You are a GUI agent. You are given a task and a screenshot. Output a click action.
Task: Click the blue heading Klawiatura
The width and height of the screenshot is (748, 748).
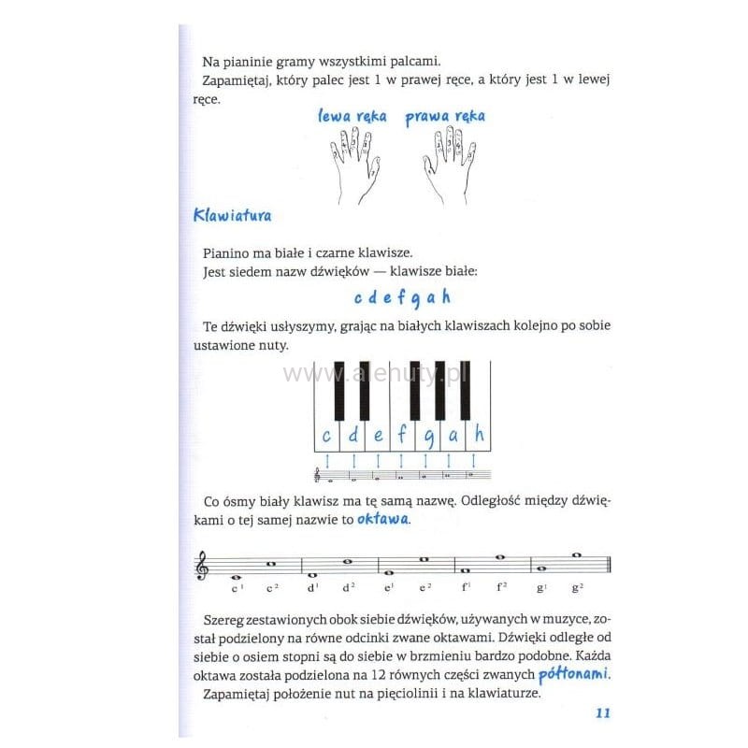click(x=232, y=215)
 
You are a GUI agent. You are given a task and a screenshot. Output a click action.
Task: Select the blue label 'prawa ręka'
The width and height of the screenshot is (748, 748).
click(x=445, y=117)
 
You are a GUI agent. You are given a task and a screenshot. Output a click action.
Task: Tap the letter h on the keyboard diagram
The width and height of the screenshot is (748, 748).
click(x=480, y=434)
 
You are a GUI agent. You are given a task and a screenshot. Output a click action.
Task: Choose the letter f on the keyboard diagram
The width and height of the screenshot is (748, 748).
click(x=403, y=434)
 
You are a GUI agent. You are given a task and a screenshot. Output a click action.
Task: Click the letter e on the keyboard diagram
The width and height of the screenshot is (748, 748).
click(x=378, y=434)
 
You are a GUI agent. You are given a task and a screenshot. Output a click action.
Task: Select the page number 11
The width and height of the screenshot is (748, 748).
click(x=601, y=713)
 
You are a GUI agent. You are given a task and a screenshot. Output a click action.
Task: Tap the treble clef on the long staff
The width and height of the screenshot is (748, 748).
click(x=201, y=566)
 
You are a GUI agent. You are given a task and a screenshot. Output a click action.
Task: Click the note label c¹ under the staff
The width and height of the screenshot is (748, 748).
click(x=237, y=589)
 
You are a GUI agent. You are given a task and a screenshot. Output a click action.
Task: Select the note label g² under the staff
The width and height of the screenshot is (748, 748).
click(x=578, y=589)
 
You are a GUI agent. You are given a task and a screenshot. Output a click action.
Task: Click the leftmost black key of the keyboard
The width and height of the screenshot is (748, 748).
click(x=339, y=391)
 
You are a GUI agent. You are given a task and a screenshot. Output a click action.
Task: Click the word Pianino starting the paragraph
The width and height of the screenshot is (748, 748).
click(x=227, y=253)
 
